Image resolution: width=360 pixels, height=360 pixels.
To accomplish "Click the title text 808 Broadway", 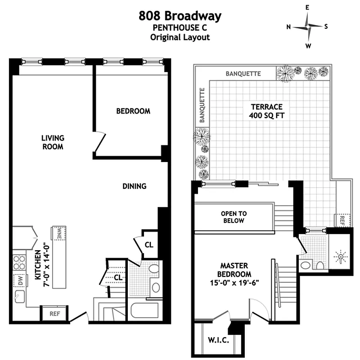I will point(180,17).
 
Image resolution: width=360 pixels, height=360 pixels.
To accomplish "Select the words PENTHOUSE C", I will point(180,28).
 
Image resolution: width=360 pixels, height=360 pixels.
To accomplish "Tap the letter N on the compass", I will point(288,27).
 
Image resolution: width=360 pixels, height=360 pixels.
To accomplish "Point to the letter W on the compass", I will point(308,45).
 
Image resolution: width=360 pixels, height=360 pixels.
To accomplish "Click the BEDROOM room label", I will point(133,111).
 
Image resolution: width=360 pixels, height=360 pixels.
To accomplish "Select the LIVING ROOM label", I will point(53,142).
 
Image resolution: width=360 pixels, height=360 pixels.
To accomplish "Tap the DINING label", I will point(134,186).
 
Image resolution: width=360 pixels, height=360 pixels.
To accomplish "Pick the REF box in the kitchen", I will point(54,313).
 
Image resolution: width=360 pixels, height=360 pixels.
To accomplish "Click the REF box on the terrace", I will point(342,220).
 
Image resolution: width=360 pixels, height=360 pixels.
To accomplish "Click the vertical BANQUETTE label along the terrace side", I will point(202,105).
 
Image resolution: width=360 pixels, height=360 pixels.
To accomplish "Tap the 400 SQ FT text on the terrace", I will point(266,115).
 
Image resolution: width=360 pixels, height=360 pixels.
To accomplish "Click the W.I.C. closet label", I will point(218,341).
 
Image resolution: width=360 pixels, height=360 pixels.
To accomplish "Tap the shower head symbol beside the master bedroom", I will point(341,257).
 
